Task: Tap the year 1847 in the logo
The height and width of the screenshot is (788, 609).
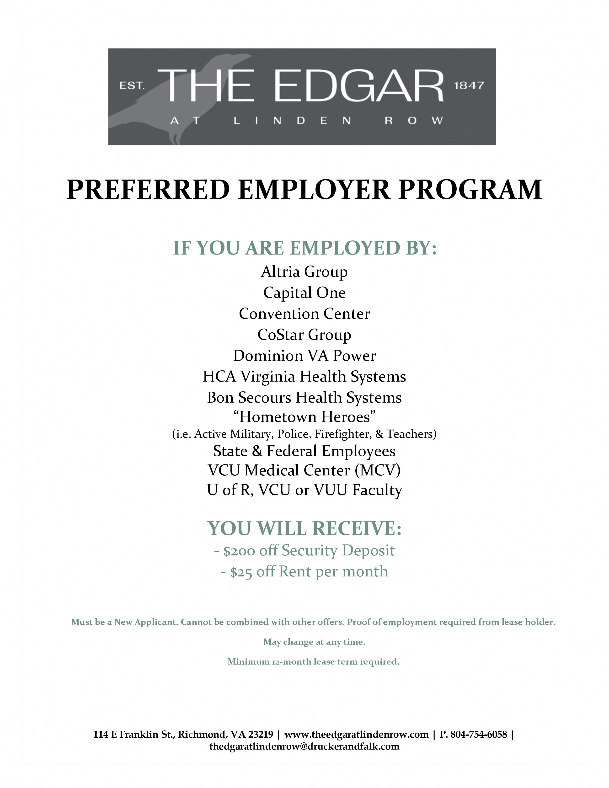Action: (468, 85)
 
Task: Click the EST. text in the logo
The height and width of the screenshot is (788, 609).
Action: (132, 86)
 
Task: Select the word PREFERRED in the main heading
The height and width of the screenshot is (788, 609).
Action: (148, 190)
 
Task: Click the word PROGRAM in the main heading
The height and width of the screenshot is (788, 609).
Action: (470, 190)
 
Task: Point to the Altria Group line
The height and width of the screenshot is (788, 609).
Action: (304, 272)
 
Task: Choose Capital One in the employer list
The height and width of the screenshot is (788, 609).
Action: (304, 293)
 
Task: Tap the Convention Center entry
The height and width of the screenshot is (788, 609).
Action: (304, 314)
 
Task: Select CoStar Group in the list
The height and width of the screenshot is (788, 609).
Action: (304, 335)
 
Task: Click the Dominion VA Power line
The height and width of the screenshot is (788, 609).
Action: (304, 356)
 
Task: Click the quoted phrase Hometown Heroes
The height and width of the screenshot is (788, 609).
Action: (304, 417)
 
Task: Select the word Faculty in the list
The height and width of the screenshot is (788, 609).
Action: (377, 490)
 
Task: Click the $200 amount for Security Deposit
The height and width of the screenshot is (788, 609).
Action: (239, 551)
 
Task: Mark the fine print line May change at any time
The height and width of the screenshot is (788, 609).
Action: (314, 642)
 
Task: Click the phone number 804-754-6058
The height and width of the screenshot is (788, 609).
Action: (479, 734)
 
